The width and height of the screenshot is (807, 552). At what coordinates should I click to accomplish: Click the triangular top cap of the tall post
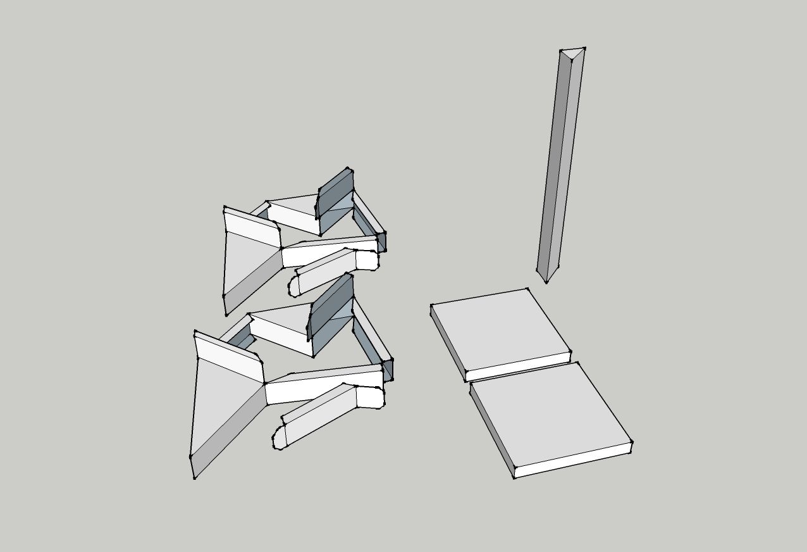572,53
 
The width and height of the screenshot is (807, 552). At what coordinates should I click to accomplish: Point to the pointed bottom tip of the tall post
547,281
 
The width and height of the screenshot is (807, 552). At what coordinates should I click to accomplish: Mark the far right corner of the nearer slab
631,442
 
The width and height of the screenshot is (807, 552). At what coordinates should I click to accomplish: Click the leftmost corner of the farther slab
432,306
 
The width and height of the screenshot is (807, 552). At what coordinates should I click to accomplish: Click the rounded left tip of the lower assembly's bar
278,437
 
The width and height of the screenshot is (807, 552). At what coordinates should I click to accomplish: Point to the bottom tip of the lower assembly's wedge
194,477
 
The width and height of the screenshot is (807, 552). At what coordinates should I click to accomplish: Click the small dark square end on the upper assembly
381,241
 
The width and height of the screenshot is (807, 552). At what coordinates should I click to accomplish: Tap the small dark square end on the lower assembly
388,369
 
